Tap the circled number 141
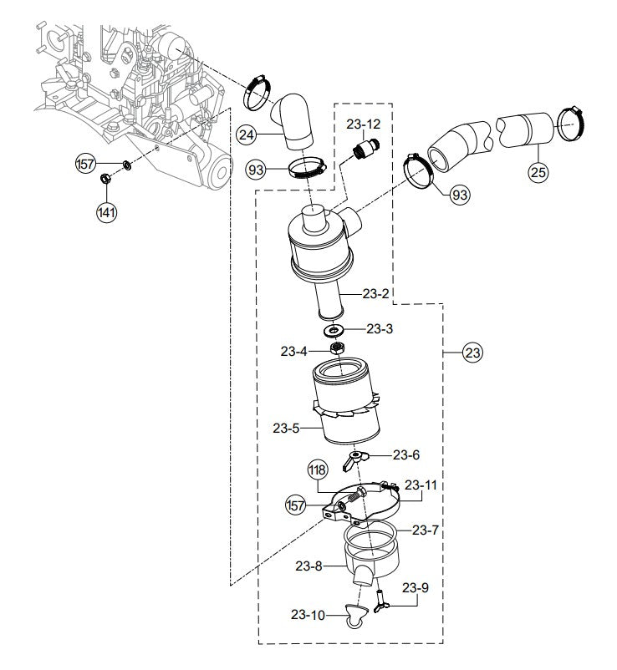pyautogui.click(x=106, y=212)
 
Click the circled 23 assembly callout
pyautogui.click(x=472, y=353)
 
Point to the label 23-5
pyautogui.click(x=286, y=429)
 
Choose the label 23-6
pyautogui.click(x=405, y=455)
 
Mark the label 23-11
pyautogui.click(x=421, y=485)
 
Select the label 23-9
pyautogui.click(x=415, y=587)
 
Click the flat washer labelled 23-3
pyautogui.click(x=342, y=329)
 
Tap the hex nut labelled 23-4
pyautogui.click(x=339, y=348)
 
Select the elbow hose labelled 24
pyautogui.click(x=293, y=122)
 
